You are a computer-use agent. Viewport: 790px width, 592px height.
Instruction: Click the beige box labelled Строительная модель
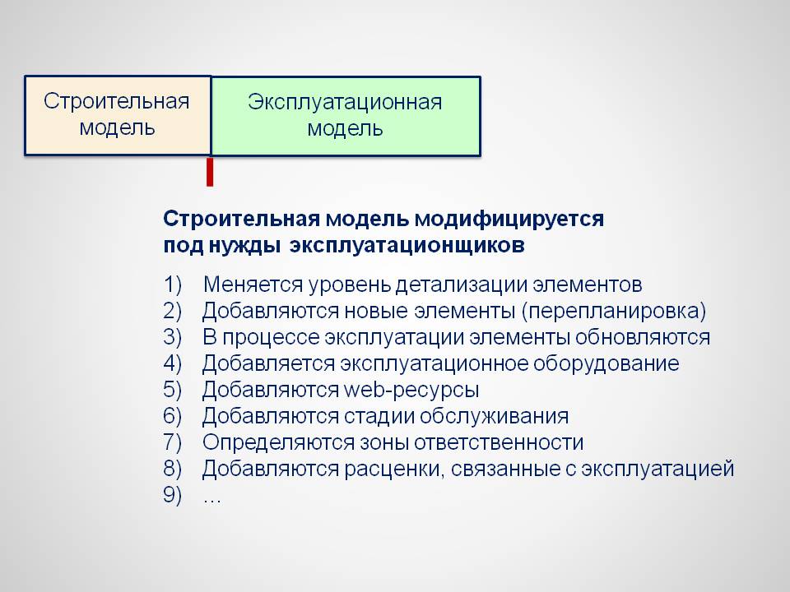coord(118,115)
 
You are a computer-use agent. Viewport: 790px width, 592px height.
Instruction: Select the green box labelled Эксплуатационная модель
coord(346,116)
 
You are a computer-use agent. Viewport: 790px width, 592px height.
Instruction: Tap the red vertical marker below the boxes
coord(210,172)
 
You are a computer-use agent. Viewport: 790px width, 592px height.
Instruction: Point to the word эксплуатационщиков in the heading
coord(407,246)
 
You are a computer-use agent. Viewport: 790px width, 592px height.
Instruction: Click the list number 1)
coord(172,285)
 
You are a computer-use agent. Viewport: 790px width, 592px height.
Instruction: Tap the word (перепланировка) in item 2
coord(614,311)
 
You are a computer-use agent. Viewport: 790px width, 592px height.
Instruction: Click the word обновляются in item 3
coord(643,337)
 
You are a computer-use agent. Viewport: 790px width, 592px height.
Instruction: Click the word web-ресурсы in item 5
coord(411,390)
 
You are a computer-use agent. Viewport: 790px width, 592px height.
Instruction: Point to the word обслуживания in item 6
coord(495,416)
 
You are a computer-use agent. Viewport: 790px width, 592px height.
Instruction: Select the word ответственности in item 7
coord(496,442)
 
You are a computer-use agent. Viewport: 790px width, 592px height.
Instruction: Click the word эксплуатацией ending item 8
coord(658,469)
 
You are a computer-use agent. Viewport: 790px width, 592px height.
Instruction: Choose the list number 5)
coord(172,390)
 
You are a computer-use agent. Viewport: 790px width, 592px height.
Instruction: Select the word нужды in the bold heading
coord(244,246)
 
